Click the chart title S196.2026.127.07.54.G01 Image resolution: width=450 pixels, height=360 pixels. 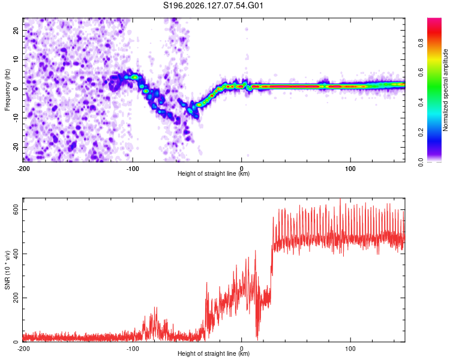213,5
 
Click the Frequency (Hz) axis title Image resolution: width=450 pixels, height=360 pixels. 7,90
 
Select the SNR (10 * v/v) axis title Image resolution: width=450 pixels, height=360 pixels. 7,270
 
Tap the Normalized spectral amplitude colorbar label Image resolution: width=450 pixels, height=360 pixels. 445,90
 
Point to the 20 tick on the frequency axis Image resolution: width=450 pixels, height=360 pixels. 16,30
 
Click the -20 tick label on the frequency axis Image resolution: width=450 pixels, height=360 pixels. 16,147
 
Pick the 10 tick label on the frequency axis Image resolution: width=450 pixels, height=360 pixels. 16,59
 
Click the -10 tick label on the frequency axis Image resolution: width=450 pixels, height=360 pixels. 16,118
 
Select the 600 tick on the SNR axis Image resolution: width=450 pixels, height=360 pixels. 16,210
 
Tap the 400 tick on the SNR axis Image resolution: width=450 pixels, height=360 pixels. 16,254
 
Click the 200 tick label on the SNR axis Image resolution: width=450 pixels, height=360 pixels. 16,298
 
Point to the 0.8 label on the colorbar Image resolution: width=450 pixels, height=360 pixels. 421,43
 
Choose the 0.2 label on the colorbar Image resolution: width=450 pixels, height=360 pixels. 421,133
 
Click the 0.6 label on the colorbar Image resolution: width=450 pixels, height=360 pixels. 421,73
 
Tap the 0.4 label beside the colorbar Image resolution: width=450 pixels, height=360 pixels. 421,103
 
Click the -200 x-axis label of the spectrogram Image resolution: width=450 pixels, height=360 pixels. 23,169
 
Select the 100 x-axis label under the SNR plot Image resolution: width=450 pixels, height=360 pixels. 350,349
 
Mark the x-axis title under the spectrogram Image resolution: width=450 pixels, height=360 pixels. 214,173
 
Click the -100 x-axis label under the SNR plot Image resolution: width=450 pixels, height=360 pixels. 133,349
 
